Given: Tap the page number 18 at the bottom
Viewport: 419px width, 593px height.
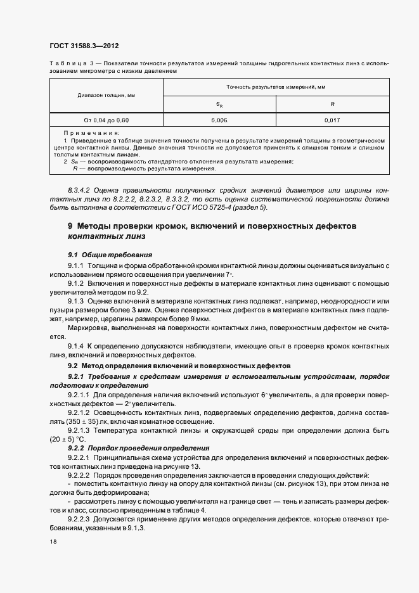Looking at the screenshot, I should [53, 542].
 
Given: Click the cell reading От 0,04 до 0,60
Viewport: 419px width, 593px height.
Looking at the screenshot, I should [106, 119].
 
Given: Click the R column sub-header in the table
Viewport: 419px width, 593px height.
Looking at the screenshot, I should [332, 103].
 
